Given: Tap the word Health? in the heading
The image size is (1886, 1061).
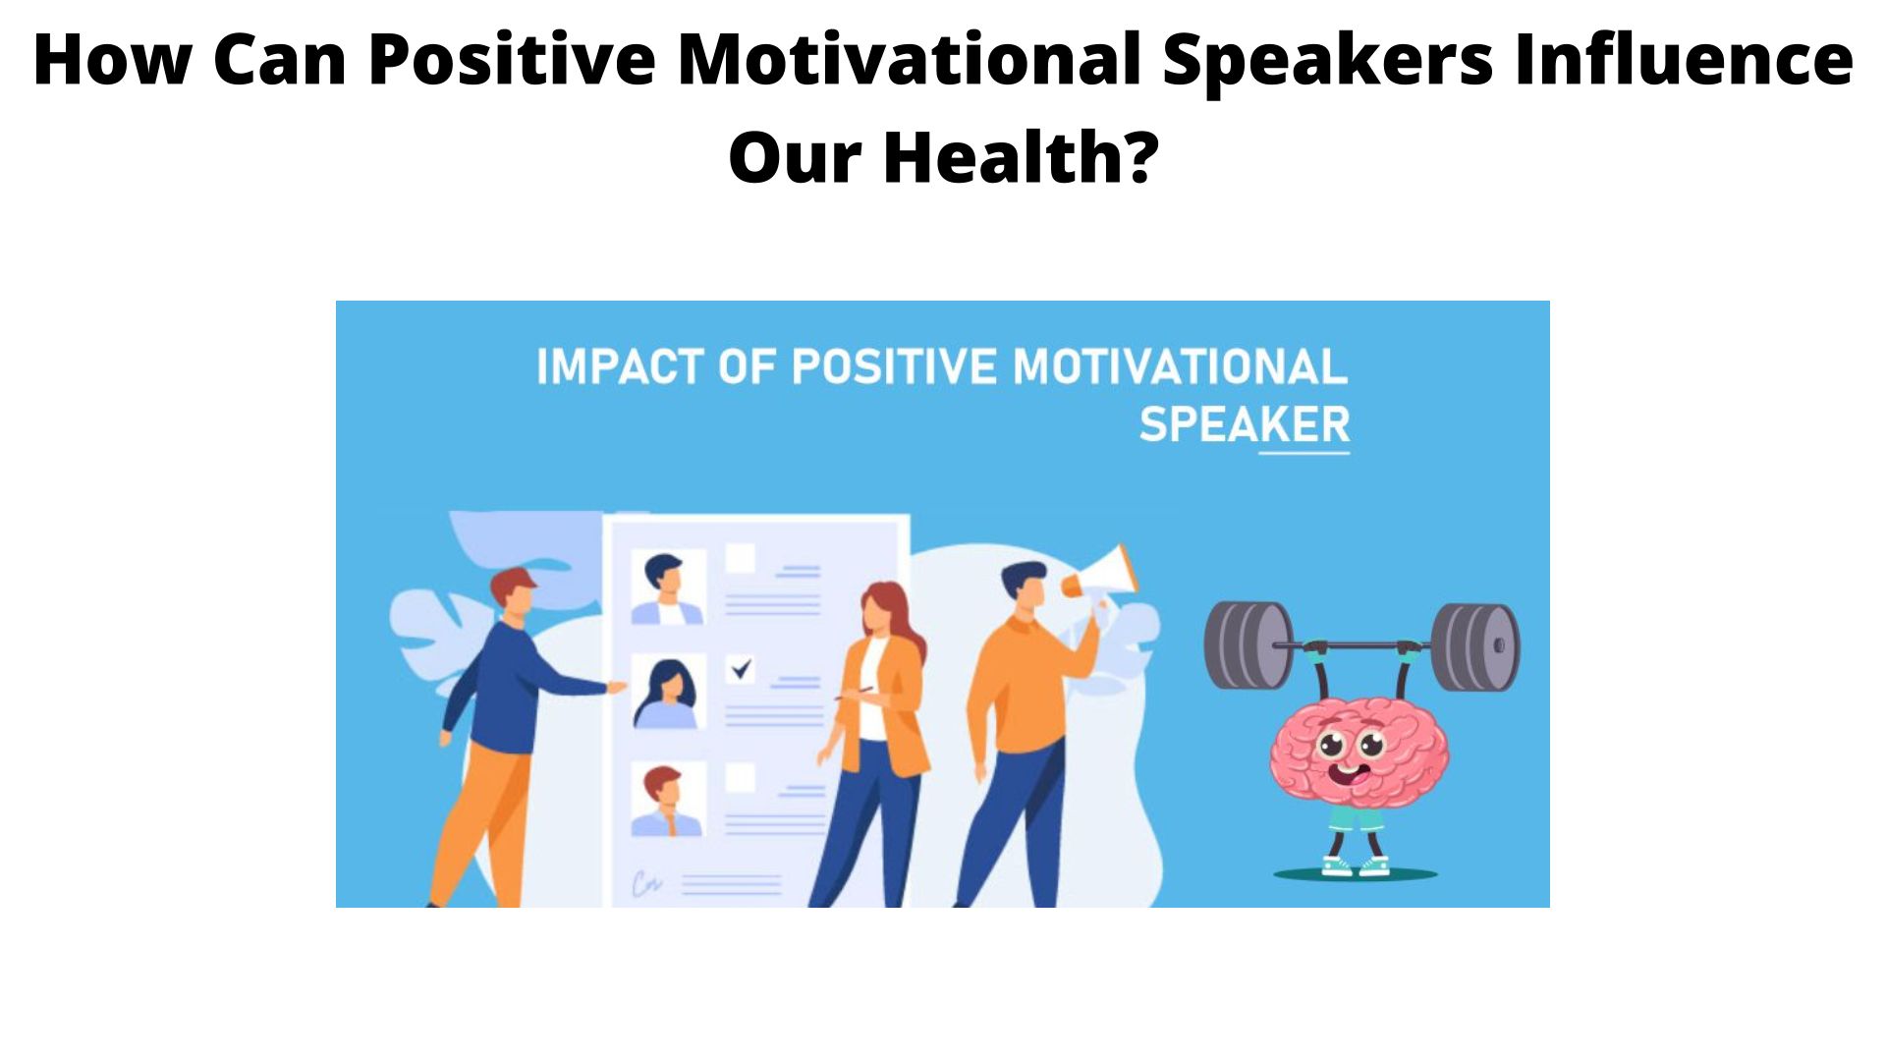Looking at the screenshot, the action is pos(1021,157).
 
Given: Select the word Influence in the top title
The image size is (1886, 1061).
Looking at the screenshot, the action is pos(1684,59).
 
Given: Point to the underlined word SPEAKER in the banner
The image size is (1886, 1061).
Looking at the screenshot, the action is pos(1245,425).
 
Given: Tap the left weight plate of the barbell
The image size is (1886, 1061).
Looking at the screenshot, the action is pos(1248,645).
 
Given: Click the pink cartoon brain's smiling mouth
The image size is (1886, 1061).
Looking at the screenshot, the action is pos(1353,774).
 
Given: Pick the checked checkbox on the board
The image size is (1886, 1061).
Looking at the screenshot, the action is pos(741,669).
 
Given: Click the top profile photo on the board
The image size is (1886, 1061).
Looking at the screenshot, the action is pos(668,587).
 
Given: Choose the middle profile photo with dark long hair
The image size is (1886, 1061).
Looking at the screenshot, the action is pos(668,693).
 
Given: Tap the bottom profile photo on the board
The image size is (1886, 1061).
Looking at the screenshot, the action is pos(668,799).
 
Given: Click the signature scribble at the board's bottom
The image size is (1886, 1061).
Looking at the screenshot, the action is pos(646,884).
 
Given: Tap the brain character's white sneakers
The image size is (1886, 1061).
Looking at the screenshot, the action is pos(1356,866).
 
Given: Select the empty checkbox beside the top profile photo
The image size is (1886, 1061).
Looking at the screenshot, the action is pos(740,559).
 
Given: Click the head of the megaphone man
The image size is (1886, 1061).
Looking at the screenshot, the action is pos(1025,586).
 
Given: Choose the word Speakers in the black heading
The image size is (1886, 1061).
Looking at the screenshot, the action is pos(1328,59).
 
